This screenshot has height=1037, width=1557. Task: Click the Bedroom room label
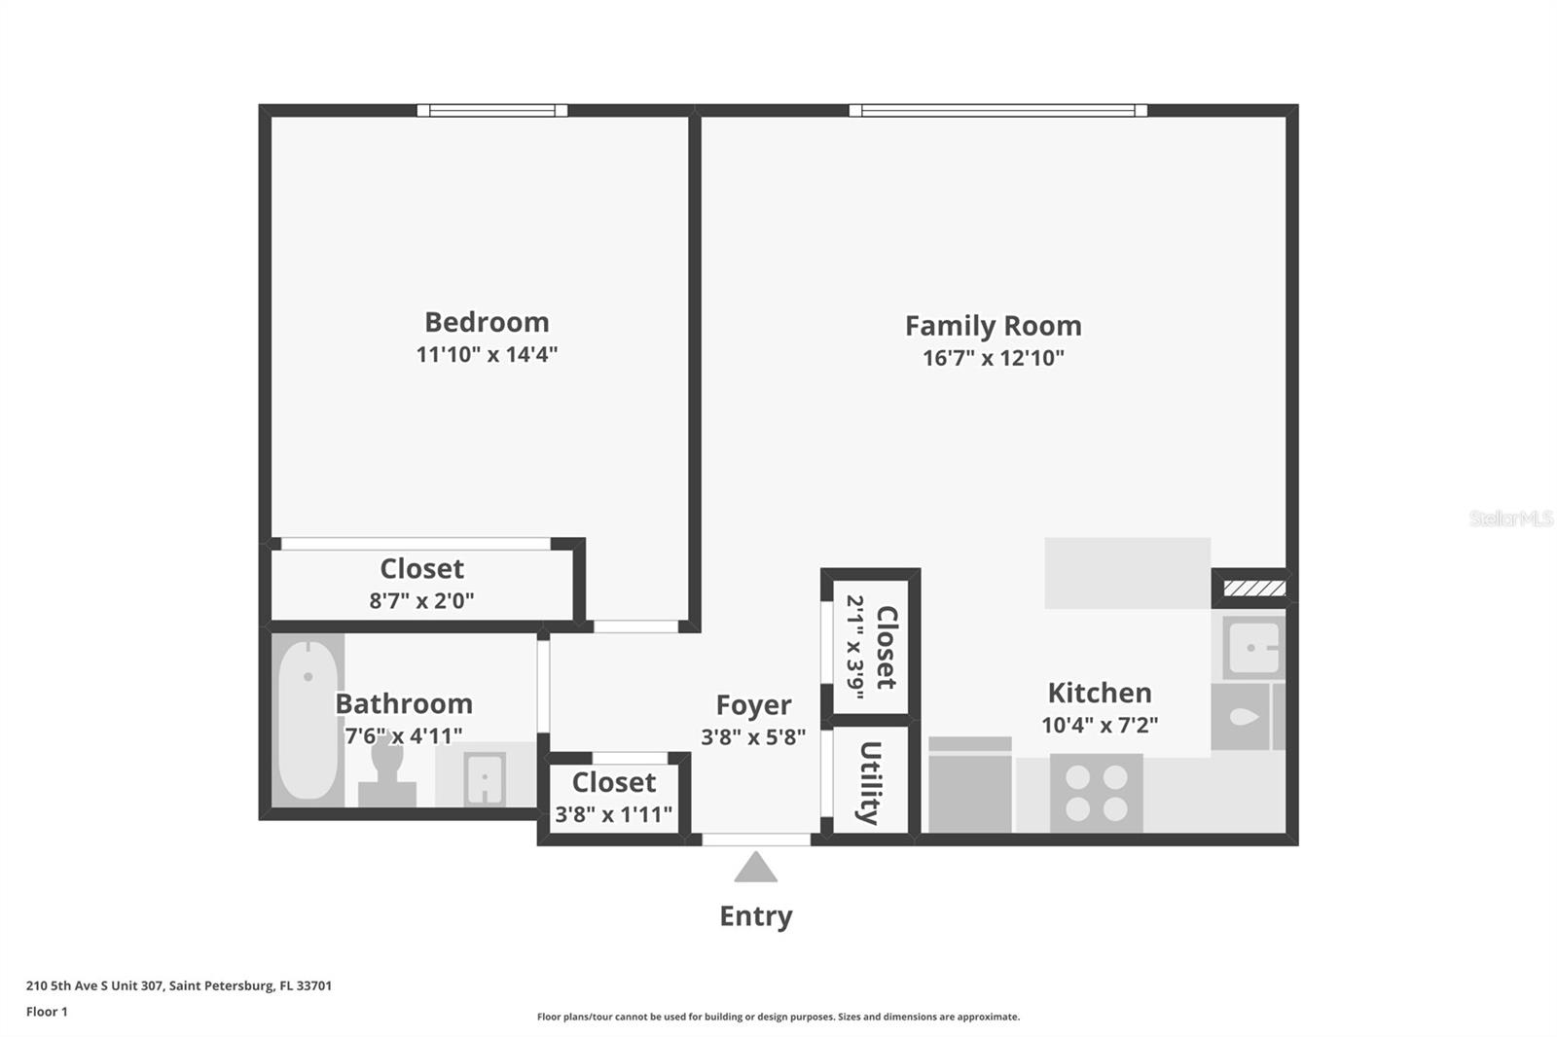click(487, 322)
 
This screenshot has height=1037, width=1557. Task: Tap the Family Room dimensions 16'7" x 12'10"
click(993, 358)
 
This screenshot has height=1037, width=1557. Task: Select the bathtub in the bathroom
click(308, 720)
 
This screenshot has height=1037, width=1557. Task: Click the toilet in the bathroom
click(387, 769)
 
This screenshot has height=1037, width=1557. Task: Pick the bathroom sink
click(484, 778)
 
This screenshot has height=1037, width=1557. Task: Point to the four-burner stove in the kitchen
click(1096, 793)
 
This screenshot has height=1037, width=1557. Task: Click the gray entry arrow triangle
click(755, 868)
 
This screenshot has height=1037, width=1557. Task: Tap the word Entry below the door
click(755, 916)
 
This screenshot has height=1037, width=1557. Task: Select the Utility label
click(869, 782)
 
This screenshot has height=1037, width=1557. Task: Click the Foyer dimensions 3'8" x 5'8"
click(753, 737)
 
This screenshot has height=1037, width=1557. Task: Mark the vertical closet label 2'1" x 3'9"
click(856, 647)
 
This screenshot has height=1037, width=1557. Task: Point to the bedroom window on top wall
click(492, 111)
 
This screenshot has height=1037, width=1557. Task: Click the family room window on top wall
click(997, 111)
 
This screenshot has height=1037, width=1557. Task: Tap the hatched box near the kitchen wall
click(1254, 589)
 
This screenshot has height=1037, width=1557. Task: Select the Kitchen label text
click(1100, 693)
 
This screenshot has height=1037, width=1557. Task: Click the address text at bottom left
click(179, 985)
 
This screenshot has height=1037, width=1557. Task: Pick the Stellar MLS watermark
click(1510, 518)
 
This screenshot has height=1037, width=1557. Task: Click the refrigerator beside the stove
click(970, 784)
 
